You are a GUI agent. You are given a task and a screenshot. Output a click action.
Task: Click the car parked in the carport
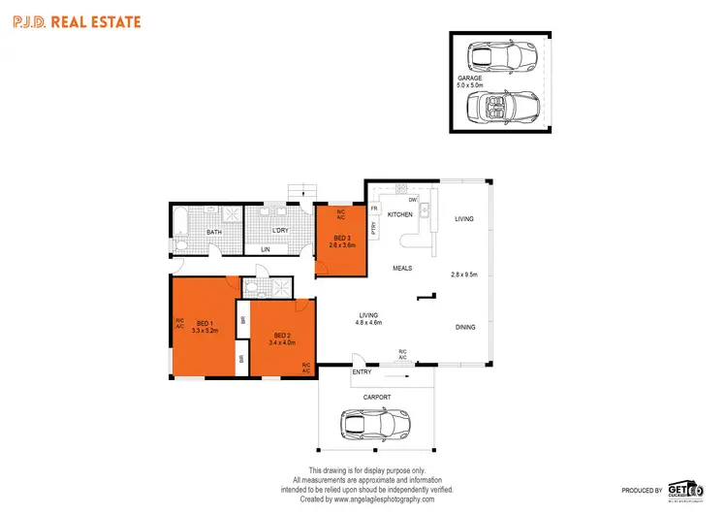pos(375,424)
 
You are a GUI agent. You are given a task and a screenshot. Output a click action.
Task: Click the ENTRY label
pos(362,372)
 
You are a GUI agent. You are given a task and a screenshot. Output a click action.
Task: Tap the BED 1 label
pos(205,323)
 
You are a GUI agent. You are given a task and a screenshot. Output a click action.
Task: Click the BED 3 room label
pos(341,238)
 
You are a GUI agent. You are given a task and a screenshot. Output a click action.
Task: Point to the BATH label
pos(214,232)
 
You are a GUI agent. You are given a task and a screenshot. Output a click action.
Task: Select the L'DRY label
pos(281,230)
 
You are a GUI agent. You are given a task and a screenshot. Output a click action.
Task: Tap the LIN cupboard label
pos(266,249)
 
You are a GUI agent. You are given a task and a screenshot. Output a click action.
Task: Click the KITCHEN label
pos(400,214)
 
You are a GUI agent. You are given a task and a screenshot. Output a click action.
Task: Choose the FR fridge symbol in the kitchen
pos(373,207)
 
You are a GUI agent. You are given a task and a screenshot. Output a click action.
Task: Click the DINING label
pos(465,327)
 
